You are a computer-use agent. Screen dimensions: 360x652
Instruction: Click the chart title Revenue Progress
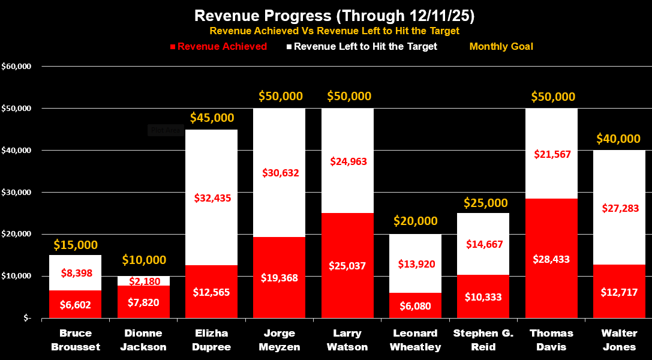pos(326,15)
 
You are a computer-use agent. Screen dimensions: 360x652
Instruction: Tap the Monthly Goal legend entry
pos(501,46)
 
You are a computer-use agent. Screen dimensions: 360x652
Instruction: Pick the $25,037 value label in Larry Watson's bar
pos(347,265)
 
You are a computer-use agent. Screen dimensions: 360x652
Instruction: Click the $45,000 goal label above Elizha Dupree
pos(212,118)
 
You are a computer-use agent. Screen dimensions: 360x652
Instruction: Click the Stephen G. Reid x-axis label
pos(483,339)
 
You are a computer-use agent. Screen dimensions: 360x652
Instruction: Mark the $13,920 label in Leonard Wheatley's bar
pos(416,264)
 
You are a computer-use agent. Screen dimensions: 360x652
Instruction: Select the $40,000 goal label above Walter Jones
pos(618,139)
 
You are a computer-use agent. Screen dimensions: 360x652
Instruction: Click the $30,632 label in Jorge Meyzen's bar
pos(280,173)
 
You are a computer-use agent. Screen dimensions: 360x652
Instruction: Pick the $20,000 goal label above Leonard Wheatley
pos(416,221)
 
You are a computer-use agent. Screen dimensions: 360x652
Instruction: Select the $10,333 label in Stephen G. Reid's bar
pos(483,296)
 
